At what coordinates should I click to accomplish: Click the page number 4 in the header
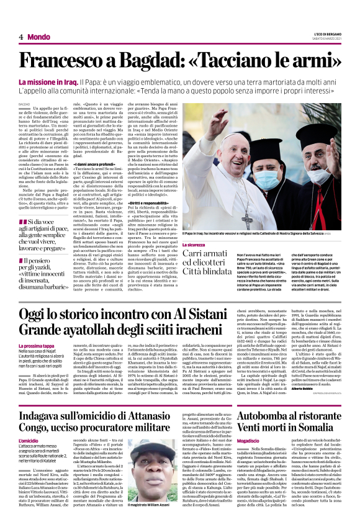point(20,37)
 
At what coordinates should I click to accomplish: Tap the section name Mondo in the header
point(38,37)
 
